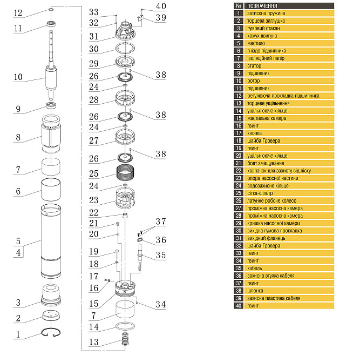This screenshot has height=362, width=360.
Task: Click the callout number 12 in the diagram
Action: [x=18, y=13]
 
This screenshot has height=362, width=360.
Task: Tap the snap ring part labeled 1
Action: [x=51, y=329]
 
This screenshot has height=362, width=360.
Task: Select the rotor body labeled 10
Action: [x=51, y=78]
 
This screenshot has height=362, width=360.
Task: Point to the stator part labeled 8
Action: [x=51, y=133]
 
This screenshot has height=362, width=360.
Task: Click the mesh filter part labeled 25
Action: [x=125, y=173]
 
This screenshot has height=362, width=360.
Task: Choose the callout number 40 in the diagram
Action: [x=161, y=6]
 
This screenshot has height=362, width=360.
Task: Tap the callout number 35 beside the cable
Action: [x=160, y=255]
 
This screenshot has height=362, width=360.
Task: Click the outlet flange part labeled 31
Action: [x=125, y=31]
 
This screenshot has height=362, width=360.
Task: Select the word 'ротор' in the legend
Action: [x=254, y=81]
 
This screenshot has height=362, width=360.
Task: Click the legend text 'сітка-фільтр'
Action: [x=260, y=193]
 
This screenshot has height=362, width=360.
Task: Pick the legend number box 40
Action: [x=239, y=306]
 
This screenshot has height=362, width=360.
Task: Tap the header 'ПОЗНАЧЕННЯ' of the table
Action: [x=262, y=6]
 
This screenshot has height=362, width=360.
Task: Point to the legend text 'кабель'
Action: [x=255, y=269]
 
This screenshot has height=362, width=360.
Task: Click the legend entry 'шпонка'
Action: [x=255, y=291]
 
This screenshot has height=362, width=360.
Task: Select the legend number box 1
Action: [x=239, y=14]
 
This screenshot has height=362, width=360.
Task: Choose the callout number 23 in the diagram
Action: [x=93, y=200]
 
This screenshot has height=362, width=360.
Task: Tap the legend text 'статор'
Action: [x=254, y=66]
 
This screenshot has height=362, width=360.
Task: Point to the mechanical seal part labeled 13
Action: [x=125, y=339]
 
